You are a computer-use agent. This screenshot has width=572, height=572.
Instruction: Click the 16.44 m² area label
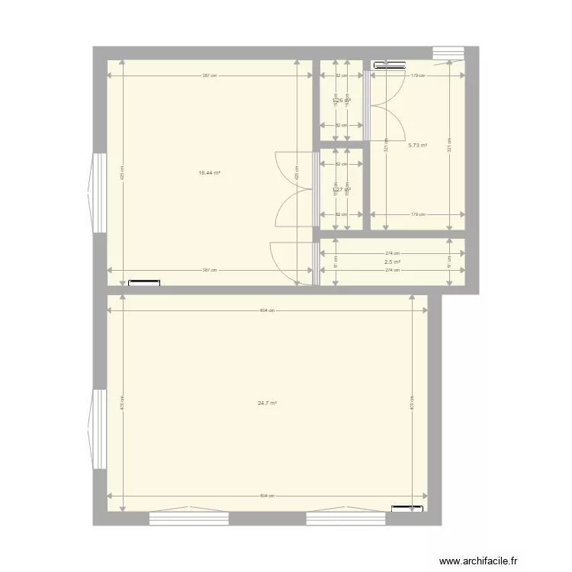coord(209,173)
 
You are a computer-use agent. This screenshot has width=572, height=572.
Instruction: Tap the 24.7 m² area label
coord(267,403)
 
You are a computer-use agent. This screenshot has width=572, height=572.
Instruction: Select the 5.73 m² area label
coord(417,146)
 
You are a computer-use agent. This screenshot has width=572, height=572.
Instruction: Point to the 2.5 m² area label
coord(392,262)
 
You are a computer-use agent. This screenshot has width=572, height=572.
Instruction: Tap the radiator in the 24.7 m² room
coord(407,508)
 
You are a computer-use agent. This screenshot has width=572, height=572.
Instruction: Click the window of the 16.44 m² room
coord(98,193)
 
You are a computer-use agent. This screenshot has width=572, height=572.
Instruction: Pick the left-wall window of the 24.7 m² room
coord(98,429)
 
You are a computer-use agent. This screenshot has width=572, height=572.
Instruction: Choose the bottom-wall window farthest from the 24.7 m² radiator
coord(189,518)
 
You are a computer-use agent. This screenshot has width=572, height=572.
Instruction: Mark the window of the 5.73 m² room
coord(448,53)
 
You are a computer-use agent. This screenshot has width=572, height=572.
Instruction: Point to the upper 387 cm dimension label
coord(210,76)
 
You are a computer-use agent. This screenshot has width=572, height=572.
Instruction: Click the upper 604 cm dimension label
coord(267,310)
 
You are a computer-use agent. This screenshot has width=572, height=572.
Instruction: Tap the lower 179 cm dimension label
coord(417,214)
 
